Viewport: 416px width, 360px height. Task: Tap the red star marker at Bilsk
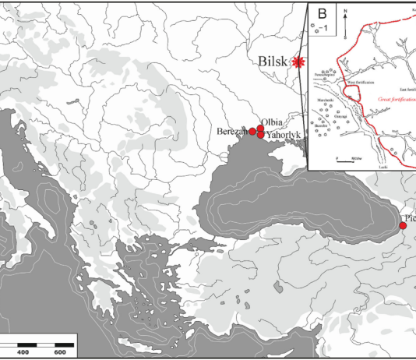(x=297, y=63)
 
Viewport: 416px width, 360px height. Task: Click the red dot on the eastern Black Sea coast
(x=403, y=226)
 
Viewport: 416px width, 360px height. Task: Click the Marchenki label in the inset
(x=326, y=100)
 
